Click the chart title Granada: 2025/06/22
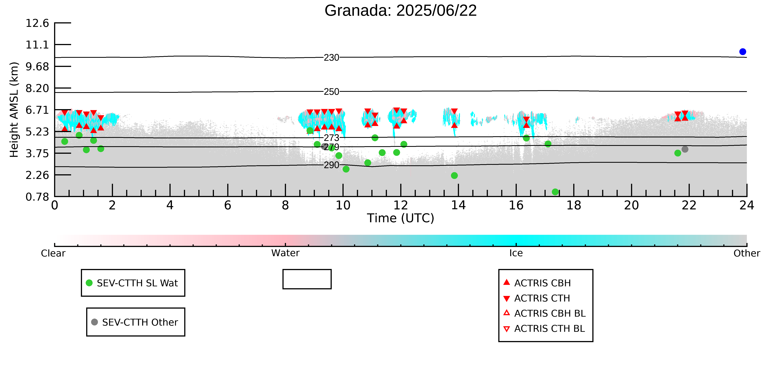click(401, 11)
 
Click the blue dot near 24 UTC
click(743, 52)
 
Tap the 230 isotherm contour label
click(332, 57)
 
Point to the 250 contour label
click(332, 91)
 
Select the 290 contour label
click(332, 165)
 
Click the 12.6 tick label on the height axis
click(37, 23)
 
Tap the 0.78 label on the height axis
click(37, 197)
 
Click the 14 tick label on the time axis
click(458, 205)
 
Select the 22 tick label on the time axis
click(689, 205)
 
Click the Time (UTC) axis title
click(401, 218)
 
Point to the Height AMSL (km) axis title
click(14, 110)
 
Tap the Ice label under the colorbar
click(516, 253)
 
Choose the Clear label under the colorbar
click(53, 253)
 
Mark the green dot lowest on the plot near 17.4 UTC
click(555, 192)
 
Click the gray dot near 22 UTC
click(685, 149)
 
